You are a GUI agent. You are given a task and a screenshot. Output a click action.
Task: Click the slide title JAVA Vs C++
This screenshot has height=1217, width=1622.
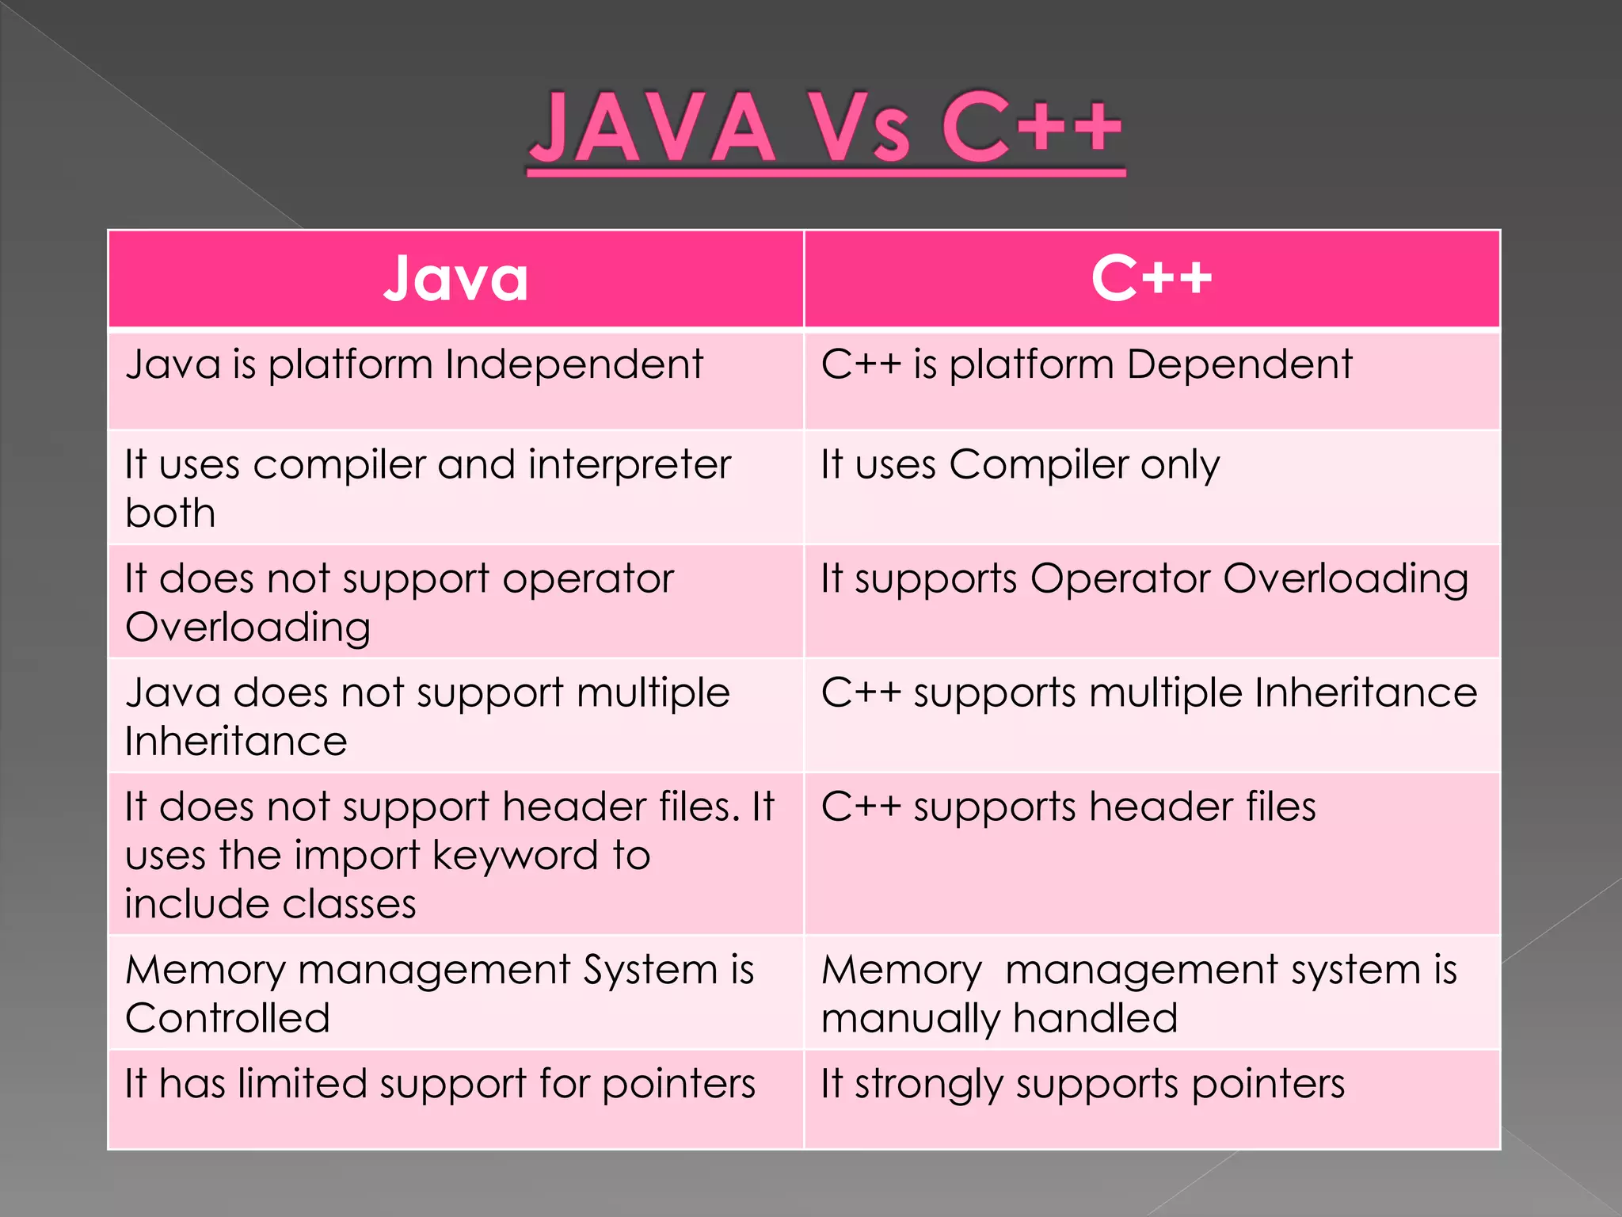pyautogui.click(x=826, y=128)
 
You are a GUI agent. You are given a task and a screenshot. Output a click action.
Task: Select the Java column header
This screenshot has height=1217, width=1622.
pyautogui.click(x=456, y=279)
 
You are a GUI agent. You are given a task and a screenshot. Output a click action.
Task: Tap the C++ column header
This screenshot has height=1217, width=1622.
pyautogui.click(x=1152, y=279)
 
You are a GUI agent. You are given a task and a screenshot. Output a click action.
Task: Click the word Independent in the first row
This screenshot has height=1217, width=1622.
pyautogui.click(x=573, y=364)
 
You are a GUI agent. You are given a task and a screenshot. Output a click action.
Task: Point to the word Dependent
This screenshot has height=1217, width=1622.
pyautogui.click(x=1239, y=364)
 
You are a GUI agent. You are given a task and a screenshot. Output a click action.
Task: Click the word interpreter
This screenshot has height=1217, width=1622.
pyautogui.click(x=630, y=464)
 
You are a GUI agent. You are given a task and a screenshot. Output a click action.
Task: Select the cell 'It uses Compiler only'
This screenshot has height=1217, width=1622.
pyautogui.click(x=1020, y=465)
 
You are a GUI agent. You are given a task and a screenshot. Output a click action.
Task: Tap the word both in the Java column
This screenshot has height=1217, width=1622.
pyautogui.click(x=170, y=513)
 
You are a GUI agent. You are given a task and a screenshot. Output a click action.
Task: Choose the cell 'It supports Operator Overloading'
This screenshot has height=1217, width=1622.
pyautogui.click(x=1144, y=579)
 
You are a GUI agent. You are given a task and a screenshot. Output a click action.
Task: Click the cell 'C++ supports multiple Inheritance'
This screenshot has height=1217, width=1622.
pyautogui.click(x=1149, y=693)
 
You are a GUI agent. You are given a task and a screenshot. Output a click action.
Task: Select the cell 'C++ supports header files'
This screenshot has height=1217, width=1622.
pyautogui.click(x=1068, y=807)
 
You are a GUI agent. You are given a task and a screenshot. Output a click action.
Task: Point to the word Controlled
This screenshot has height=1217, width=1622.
pyautogui.click(x=227, y=1018)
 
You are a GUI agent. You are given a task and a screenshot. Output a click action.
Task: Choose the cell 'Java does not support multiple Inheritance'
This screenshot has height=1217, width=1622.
pyautogui.click(x=428, y=716)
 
